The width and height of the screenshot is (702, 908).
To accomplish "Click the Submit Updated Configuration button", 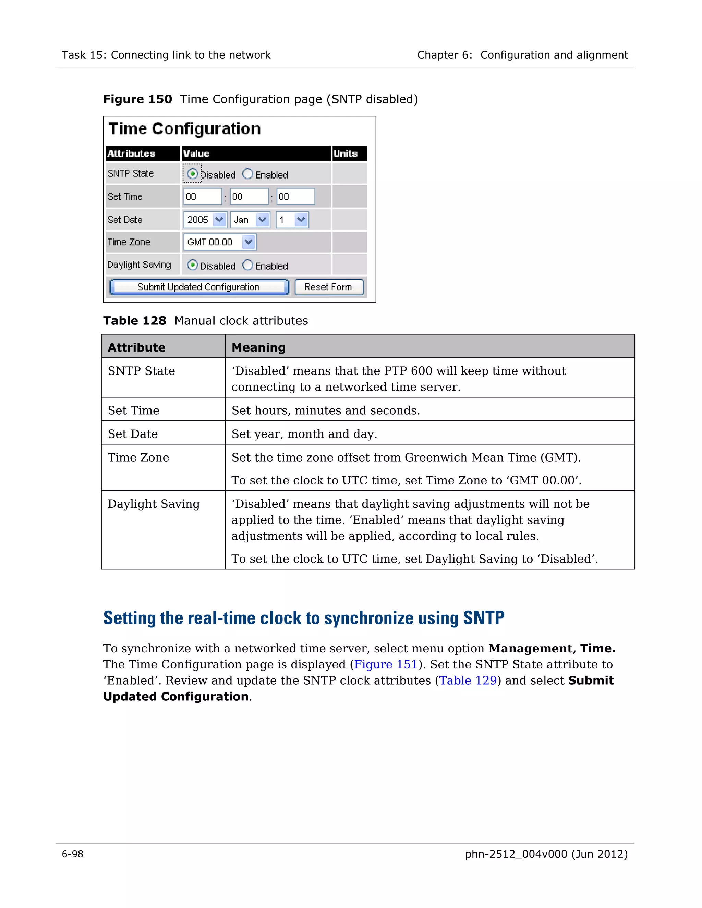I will tap(199, 287).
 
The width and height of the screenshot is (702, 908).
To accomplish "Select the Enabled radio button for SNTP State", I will tap(247, 174).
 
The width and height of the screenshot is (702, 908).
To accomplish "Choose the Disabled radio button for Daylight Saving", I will tap(192, 265).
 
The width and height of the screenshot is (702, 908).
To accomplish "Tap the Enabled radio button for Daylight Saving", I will tap(247, 265).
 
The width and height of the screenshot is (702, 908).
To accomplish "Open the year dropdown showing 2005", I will tap(205, 220).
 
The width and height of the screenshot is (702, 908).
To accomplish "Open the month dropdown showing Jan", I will tap(250, 220).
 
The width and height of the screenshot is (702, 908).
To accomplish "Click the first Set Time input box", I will tap(203, 196).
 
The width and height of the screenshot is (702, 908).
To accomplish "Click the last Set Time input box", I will tap(296, 196).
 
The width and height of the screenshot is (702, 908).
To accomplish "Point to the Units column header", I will tap(346, 154).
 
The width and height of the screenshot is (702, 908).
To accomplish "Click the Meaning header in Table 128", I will tap(258, 347).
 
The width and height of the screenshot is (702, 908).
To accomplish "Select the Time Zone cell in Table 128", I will tap(138, 457).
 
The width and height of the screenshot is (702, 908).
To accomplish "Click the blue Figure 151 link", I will tap(386, 664).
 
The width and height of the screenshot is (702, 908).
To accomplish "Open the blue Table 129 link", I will tap(468, 680).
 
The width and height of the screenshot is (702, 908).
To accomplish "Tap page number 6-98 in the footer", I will tap(73, 854).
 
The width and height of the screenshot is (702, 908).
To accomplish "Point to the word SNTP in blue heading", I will tap(484, 618).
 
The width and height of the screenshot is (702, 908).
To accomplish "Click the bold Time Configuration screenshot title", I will tap(185, 129).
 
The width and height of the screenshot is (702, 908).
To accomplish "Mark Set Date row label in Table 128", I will tap(133, 434).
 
